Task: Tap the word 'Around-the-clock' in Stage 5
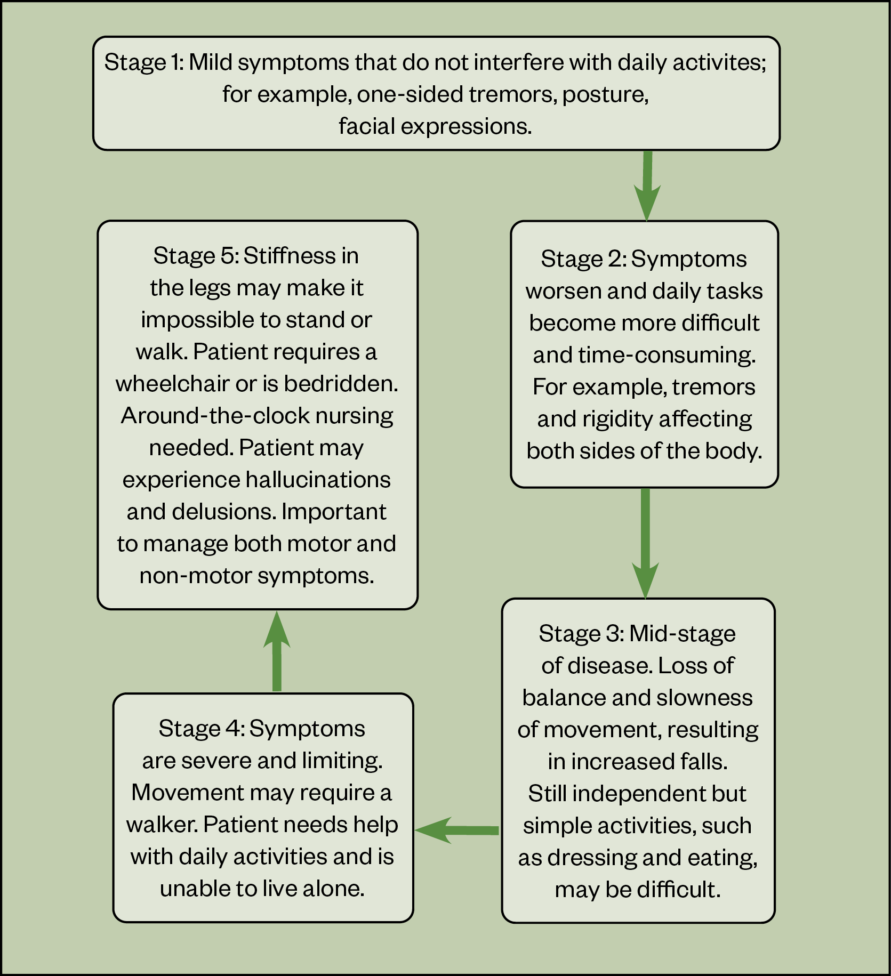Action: (214, 416)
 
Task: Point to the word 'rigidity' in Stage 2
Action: (617, 419)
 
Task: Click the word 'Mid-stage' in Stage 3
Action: (682, 634)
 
